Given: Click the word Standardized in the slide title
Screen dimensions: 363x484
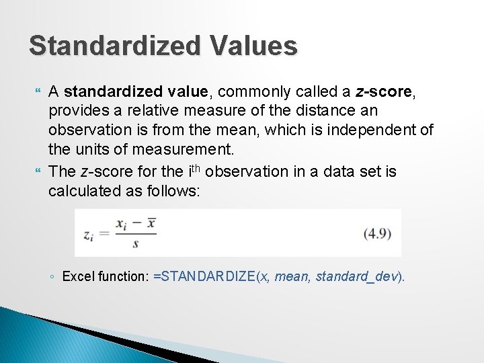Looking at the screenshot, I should [x=114, y=46].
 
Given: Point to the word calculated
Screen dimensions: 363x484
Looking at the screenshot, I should [x=83, y=192].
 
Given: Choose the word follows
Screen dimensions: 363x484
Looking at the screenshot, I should [x=174, y=192].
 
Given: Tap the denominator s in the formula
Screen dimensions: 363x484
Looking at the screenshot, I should [x=135, y=244].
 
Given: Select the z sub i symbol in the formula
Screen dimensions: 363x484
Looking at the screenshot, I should [x=88, y=234].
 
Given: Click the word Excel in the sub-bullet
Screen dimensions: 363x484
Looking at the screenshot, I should [x=77, y=277].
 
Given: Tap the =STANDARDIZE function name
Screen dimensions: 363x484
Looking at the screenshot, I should [x=204, y=277].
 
